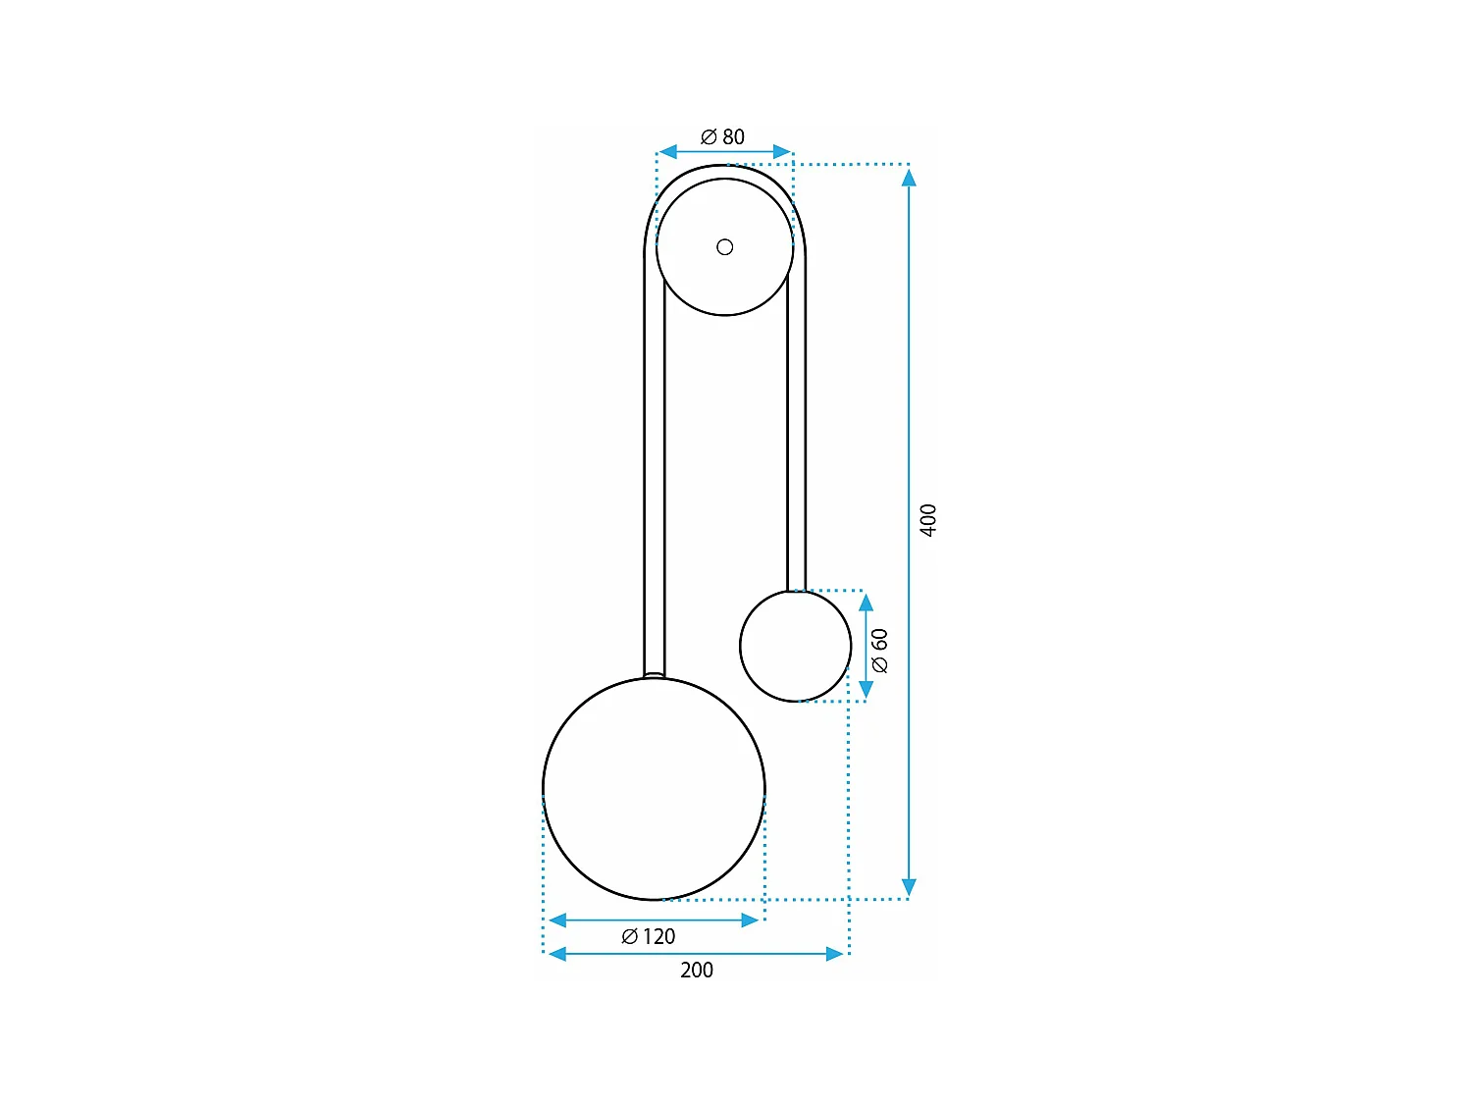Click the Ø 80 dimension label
(x=723, y=137)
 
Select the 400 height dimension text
(x=928, y=519)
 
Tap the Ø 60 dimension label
(x=880, y=650)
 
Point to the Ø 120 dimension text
(x=649, y=936)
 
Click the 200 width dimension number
(x=697, y=970)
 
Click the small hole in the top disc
(x=725, y=247)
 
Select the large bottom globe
(x=654, y=789)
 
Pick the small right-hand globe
(x=795, y=646)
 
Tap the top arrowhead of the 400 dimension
(x=909, y=178)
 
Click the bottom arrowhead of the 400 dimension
(x=909, y=886)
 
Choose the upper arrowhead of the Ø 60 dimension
(x=866, y=603)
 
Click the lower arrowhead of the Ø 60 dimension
(x=866, y=689)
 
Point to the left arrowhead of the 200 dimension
(x=556, y=954)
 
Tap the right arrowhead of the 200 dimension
(x=835, y=954)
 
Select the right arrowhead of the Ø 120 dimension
(x=751, y=920)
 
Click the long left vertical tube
(x=654, y=471)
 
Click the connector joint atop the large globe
(x=654, y=675)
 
